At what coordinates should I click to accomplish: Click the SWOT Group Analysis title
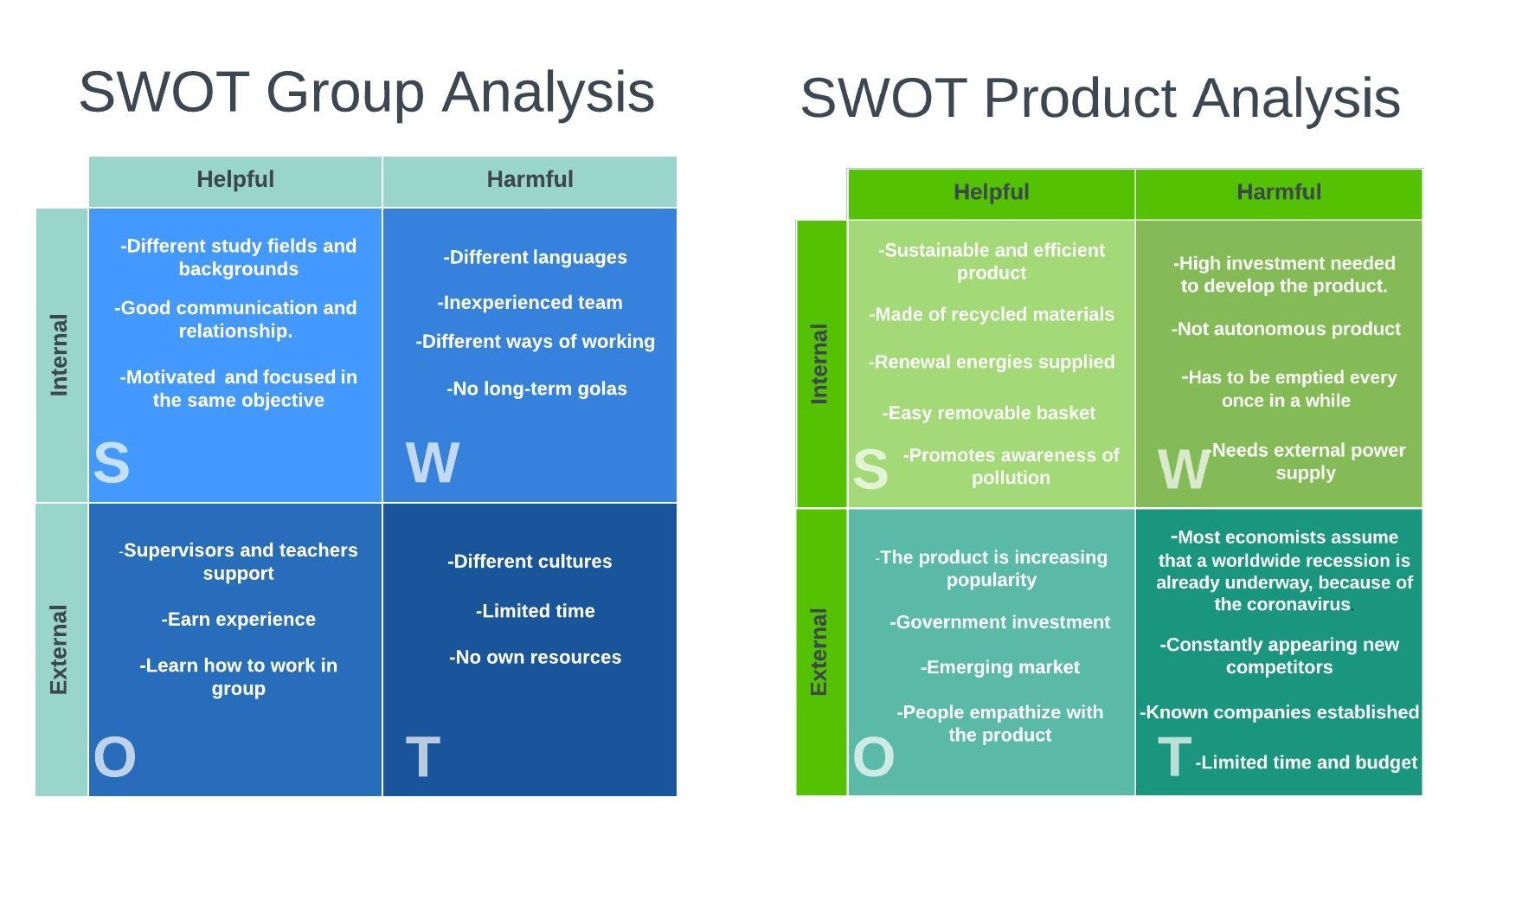[367, 92]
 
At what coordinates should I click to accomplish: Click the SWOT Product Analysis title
[1100, 98]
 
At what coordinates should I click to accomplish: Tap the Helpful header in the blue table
[235, 179]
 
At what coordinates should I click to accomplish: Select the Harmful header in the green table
[1279, 192]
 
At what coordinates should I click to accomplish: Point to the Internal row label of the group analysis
[59, 355]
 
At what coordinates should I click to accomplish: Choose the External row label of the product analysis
[819, 652]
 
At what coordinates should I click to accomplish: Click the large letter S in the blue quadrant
[112, 463]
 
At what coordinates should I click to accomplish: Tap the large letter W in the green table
[1184, 470]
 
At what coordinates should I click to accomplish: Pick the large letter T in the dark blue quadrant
[423, 757]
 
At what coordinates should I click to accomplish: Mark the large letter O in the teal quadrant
[873, 757]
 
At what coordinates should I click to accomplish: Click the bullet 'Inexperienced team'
[530, 303]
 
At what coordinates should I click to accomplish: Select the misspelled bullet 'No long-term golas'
[536, 389]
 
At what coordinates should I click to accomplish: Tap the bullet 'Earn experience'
[239, 620]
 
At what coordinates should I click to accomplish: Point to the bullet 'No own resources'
[535, 658]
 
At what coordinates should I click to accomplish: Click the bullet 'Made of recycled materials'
[992, 315]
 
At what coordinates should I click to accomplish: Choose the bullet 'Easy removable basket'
[989, 414]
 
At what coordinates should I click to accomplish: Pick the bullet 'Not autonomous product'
[1286, 330]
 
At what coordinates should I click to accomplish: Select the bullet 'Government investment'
[999, 623]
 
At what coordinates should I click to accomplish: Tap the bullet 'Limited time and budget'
[1307, 762]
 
